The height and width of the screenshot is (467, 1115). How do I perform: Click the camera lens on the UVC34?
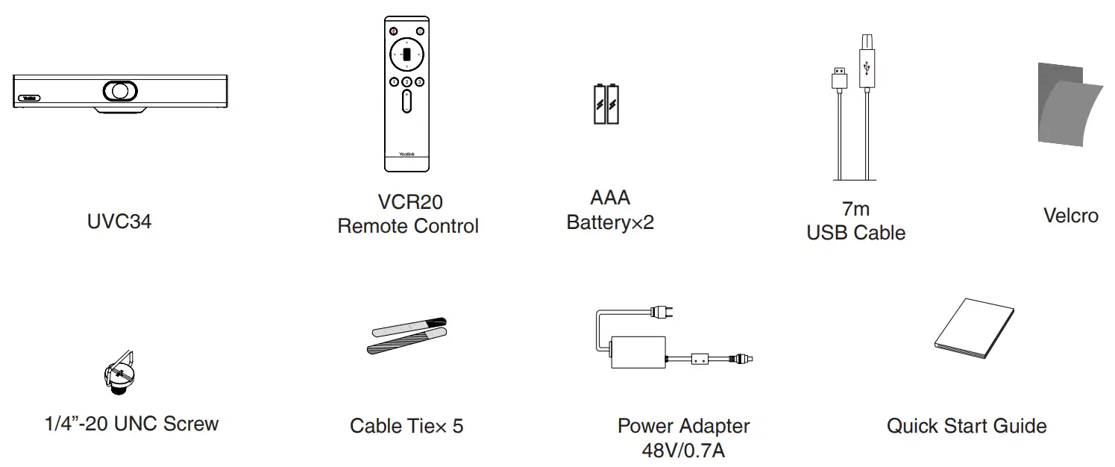pos(119,90)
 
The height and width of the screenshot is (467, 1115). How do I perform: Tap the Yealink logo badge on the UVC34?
pos(29,97)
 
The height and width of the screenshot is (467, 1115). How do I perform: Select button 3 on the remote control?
pos(420,81)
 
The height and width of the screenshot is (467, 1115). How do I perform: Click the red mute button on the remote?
pos(393,31)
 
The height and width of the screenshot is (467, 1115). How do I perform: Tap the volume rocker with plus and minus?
pos(406,101)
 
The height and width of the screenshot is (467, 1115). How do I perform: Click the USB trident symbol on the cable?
pos(866,69)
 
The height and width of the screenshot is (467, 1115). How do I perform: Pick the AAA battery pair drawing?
pos(606,104)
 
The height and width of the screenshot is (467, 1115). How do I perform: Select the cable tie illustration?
pos(408,336)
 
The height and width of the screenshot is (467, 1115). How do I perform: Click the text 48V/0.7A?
pos(683,451)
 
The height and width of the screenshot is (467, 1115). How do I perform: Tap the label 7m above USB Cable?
pos(855,210)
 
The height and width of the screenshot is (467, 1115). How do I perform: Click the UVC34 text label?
pos(119,222)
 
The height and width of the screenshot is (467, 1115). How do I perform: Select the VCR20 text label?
pos(409,202)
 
